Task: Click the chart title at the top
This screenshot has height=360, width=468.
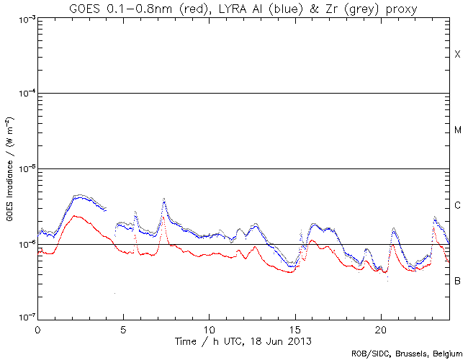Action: [243, 8]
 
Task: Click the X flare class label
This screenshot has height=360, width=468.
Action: [457, 55]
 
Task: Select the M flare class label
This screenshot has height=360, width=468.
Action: [457, 130]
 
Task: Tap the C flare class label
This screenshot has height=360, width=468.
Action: [457, 206]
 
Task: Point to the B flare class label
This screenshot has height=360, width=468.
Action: [457, 280]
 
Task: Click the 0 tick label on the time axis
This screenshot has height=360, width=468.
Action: [37, 328]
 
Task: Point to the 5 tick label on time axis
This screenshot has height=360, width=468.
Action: [123, 328]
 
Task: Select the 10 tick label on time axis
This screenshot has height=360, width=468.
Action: [209, 328]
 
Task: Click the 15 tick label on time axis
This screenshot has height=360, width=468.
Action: [295, 328]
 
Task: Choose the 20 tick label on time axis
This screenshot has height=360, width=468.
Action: [381, 328]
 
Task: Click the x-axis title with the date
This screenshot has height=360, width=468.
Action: [243, 338]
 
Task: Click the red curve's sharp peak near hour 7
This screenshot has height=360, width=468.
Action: [163, 217]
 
